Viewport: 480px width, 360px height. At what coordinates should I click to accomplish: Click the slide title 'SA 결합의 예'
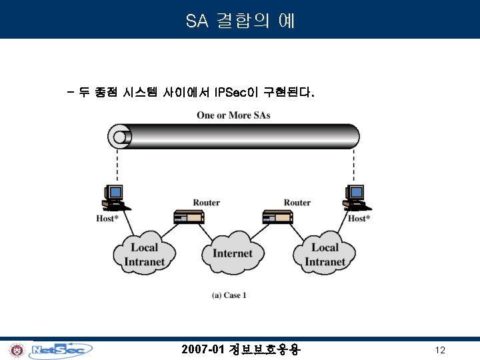coord(240,21)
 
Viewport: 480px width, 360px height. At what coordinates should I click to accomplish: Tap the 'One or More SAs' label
coord(233,115)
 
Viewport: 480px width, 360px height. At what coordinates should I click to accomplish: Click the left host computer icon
coord(112,197)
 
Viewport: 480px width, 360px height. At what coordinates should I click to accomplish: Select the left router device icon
coord(188,217)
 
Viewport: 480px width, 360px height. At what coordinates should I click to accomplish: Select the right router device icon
coord(278,217)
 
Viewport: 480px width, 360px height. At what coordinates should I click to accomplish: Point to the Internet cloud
coord(233,253)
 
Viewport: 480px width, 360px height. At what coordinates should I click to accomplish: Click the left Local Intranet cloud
coord(144,254)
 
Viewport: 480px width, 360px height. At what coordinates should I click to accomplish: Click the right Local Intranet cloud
coord(325,254)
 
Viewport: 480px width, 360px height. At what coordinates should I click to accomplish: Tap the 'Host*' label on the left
coord(108,219)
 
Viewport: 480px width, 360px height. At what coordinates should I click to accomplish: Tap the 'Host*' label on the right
coord(359,219)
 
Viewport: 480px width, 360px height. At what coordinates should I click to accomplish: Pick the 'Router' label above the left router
coord(207,203)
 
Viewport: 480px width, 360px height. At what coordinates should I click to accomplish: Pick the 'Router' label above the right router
coord(297,203)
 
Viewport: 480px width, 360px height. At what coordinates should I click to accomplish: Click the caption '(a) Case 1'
coord(229,295)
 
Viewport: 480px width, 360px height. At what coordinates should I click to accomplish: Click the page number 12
coord(439,350)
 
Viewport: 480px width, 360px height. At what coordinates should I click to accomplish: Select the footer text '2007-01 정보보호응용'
coord(241,349)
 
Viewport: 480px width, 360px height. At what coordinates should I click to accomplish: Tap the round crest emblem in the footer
coord(16,350)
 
